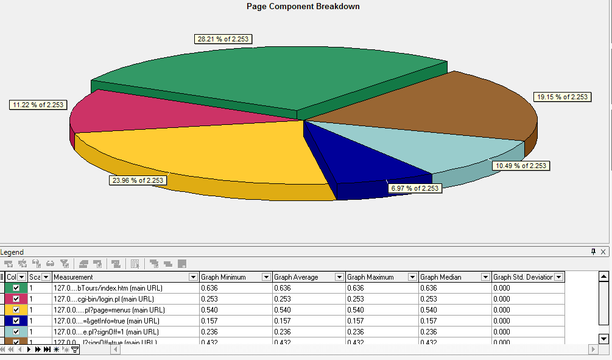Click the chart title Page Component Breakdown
(x=303, y=7)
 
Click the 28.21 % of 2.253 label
(x=223, y=40)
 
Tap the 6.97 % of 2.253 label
(x=414, y=188)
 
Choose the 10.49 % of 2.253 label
(x=521, y=166)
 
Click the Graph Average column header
(x=297, y=277)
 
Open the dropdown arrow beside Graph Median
(x=485, y=277)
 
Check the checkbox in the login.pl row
(x=16, y=299)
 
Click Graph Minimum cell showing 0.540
(x=235, y=310)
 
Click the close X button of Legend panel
(x=603, y=252)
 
